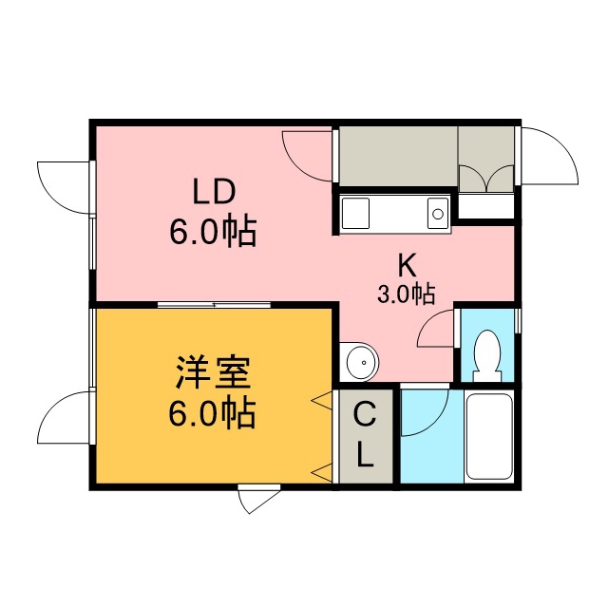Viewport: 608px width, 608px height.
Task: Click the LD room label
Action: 215,192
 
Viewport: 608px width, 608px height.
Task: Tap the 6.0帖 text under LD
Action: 213,232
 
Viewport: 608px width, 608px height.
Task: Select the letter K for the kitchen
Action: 408,265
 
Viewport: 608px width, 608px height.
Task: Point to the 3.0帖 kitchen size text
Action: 407,294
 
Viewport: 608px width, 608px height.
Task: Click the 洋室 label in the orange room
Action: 213,371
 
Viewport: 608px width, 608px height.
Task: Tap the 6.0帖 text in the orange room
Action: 212,414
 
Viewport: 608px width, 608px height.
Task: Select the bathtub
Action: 488,436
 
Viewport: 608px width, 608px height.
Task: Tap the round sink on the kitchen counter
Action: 438,213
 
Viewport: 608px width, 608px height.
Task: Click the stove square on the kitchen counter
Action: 356,213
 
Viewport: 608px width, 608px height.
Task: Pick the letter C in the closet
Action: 365,414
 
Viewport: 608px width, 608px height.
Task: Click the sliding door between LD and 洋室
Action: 214,305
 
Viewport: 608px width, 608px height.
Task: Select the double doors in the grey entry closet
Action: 486,178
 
